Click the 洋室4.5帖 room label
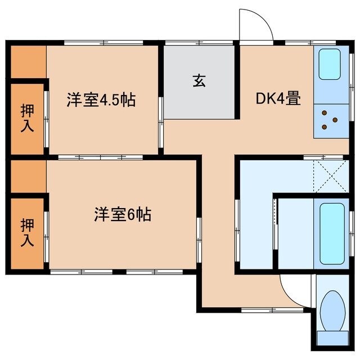[x=101, y=101]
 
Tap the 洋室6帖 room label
[x=122, y=214]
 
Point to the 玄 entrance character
[x=199, y=80]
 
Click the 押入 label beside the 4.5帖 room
[x=27, y=118]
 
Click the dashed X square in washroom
[x=330, y=175]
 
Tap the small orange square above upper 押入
[x=27, y=62]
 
